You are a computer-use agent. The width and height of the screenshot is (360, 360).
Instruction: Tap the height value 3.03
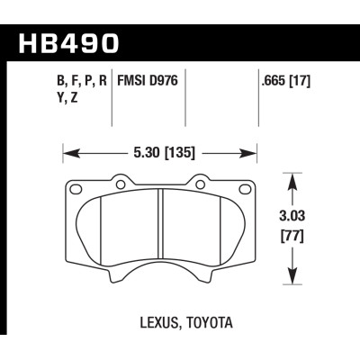[292, 215]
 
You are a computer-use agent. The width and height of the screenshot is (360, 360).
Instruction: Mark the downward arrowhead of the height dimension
[292, 276]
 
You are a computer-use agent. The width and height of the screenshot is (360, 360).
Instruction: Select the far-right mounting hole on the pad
[245, 189]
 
